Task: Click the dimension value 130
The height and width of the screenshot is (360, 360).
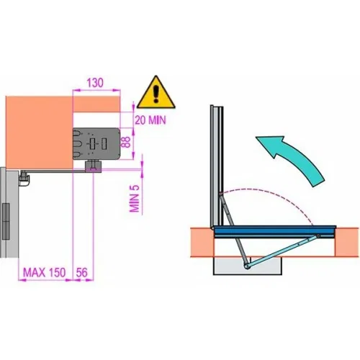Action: coord(95,83)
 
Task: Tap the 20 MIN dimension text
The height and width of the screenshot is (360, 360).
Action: coord(150,120)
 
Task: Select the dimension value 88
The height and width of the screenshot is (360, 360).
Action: coord(126,142)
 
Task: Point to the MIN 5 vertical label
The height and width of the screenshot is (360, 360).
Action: coord(135,199)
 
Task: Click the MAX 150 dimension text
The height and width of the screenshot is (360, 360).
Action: coord(45,272)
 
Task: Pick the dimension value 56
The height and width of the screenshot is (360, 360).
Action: coord(82,272)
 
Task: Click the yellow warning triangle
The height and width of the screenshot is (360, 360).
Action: coord(156,93)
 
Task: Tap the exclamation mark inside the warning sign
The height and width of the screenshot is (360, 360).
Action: coord(156,94)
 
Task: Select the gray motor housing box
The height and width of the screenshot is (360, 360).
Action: coord(96,144)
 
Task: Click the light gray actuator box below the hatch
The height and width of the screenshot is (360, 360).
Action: coord(248,266)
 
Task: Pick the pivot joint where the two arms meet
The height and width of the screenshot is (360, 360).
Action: coord(246,266)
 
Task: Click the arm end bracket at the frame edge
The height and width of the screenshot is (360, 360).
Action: coord(24,179)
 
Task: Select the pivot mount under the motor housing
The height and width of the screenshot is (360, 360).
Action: coord(94,166)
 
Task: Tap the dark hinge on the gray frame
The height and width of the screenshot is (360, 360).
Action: coord(6,221)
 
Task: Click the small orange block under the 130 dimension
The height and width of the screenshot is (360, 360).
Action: coord(96,104)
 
